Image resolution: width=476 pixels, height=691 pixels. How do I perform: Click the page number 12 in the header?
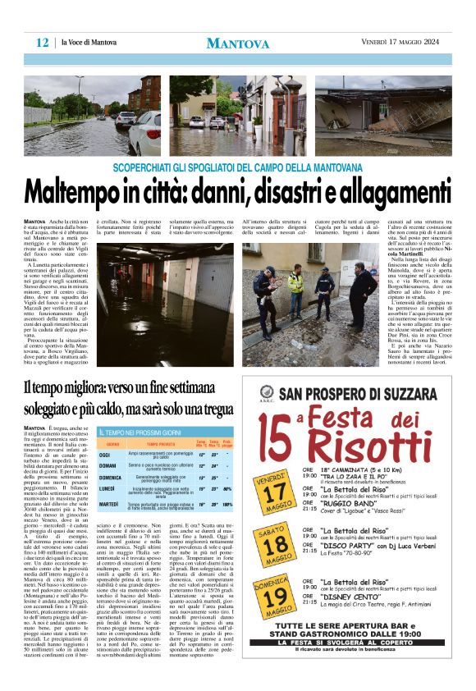point(42,43)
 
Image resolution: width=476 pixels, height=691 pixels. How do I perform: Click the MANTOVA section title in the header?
point(238,43)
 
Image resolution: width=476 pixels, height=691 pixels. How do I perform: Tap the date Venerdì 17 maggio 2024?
point(405,42)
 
